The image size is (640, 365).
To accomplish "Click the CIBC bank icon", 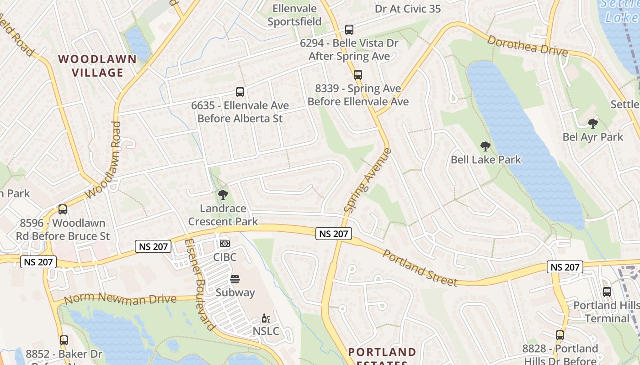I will [x=224, y=244].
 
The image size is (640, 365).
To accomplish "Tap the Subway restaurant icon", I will [x=235, y=279].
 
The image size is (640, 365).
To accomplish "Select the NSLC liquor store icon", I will [x=266, y=318].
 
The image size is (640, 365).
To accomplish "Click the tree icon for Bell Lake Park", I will [x=485, y=146].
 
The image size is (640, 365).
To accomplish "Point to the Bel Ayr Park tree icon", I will [x=592, y=123].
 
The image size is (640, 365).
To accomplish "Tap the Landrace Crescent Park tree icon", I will [x=223, y=195].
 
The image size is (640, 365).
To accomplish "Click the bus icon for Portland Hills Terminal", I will [x=607, y=292].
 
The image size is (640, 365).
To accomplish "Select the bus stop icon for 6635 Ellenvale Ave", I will [x=240, y=92].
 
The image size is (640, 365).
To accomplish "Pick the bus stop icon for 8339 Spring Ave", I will [x=358, y=74].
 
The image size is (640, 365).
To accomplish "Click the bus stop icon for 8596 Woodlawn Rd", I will [x=63, y=209].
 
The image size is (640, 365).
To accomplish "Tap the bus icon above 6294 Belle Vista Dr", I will [x=349, y=30].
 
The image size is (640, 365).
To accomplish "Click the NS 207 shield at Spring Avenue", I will [x=334, y=234].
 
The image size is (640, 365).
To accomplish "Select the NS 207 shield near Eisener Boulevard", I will [x=153, y=247].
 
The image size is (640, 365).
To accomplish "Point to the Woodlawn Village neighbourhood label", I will [x=97, y=66].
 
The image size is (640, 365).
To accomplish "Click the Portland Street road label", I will [x=420, y=268].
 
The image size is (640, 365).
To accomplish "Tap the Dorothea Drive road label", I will [x=527, y=46].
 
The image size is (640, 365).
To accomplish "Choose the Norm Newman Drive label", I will [x=120, y=299].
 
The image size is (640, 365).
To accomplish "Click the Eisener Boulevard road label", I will [x=199, y=284].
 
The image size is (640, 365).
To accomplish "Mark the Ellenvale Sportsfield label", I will [x=294, y=15].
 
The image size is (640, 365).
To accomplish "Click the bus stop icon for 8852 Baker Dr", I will [x=64, y=340].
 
